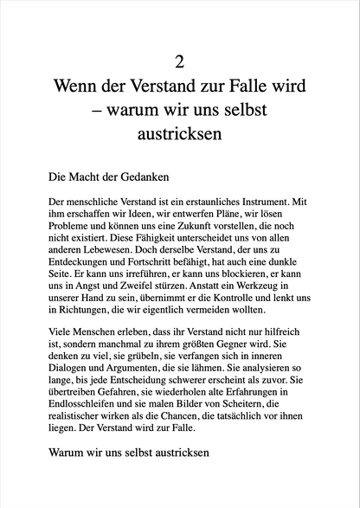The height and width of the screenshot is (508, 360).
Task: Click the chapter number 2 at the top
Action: point(179,61)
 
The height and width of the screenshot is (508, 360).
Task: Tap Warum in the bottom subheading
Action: point(74,476)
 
